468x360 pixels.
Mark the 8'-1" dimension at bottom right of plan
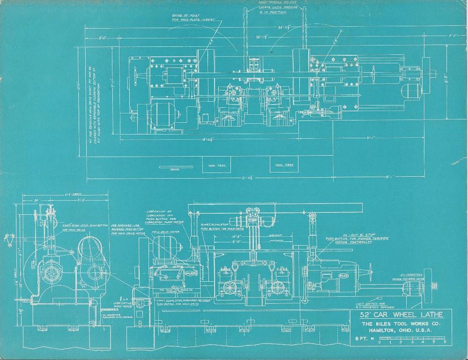point(390,177)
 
